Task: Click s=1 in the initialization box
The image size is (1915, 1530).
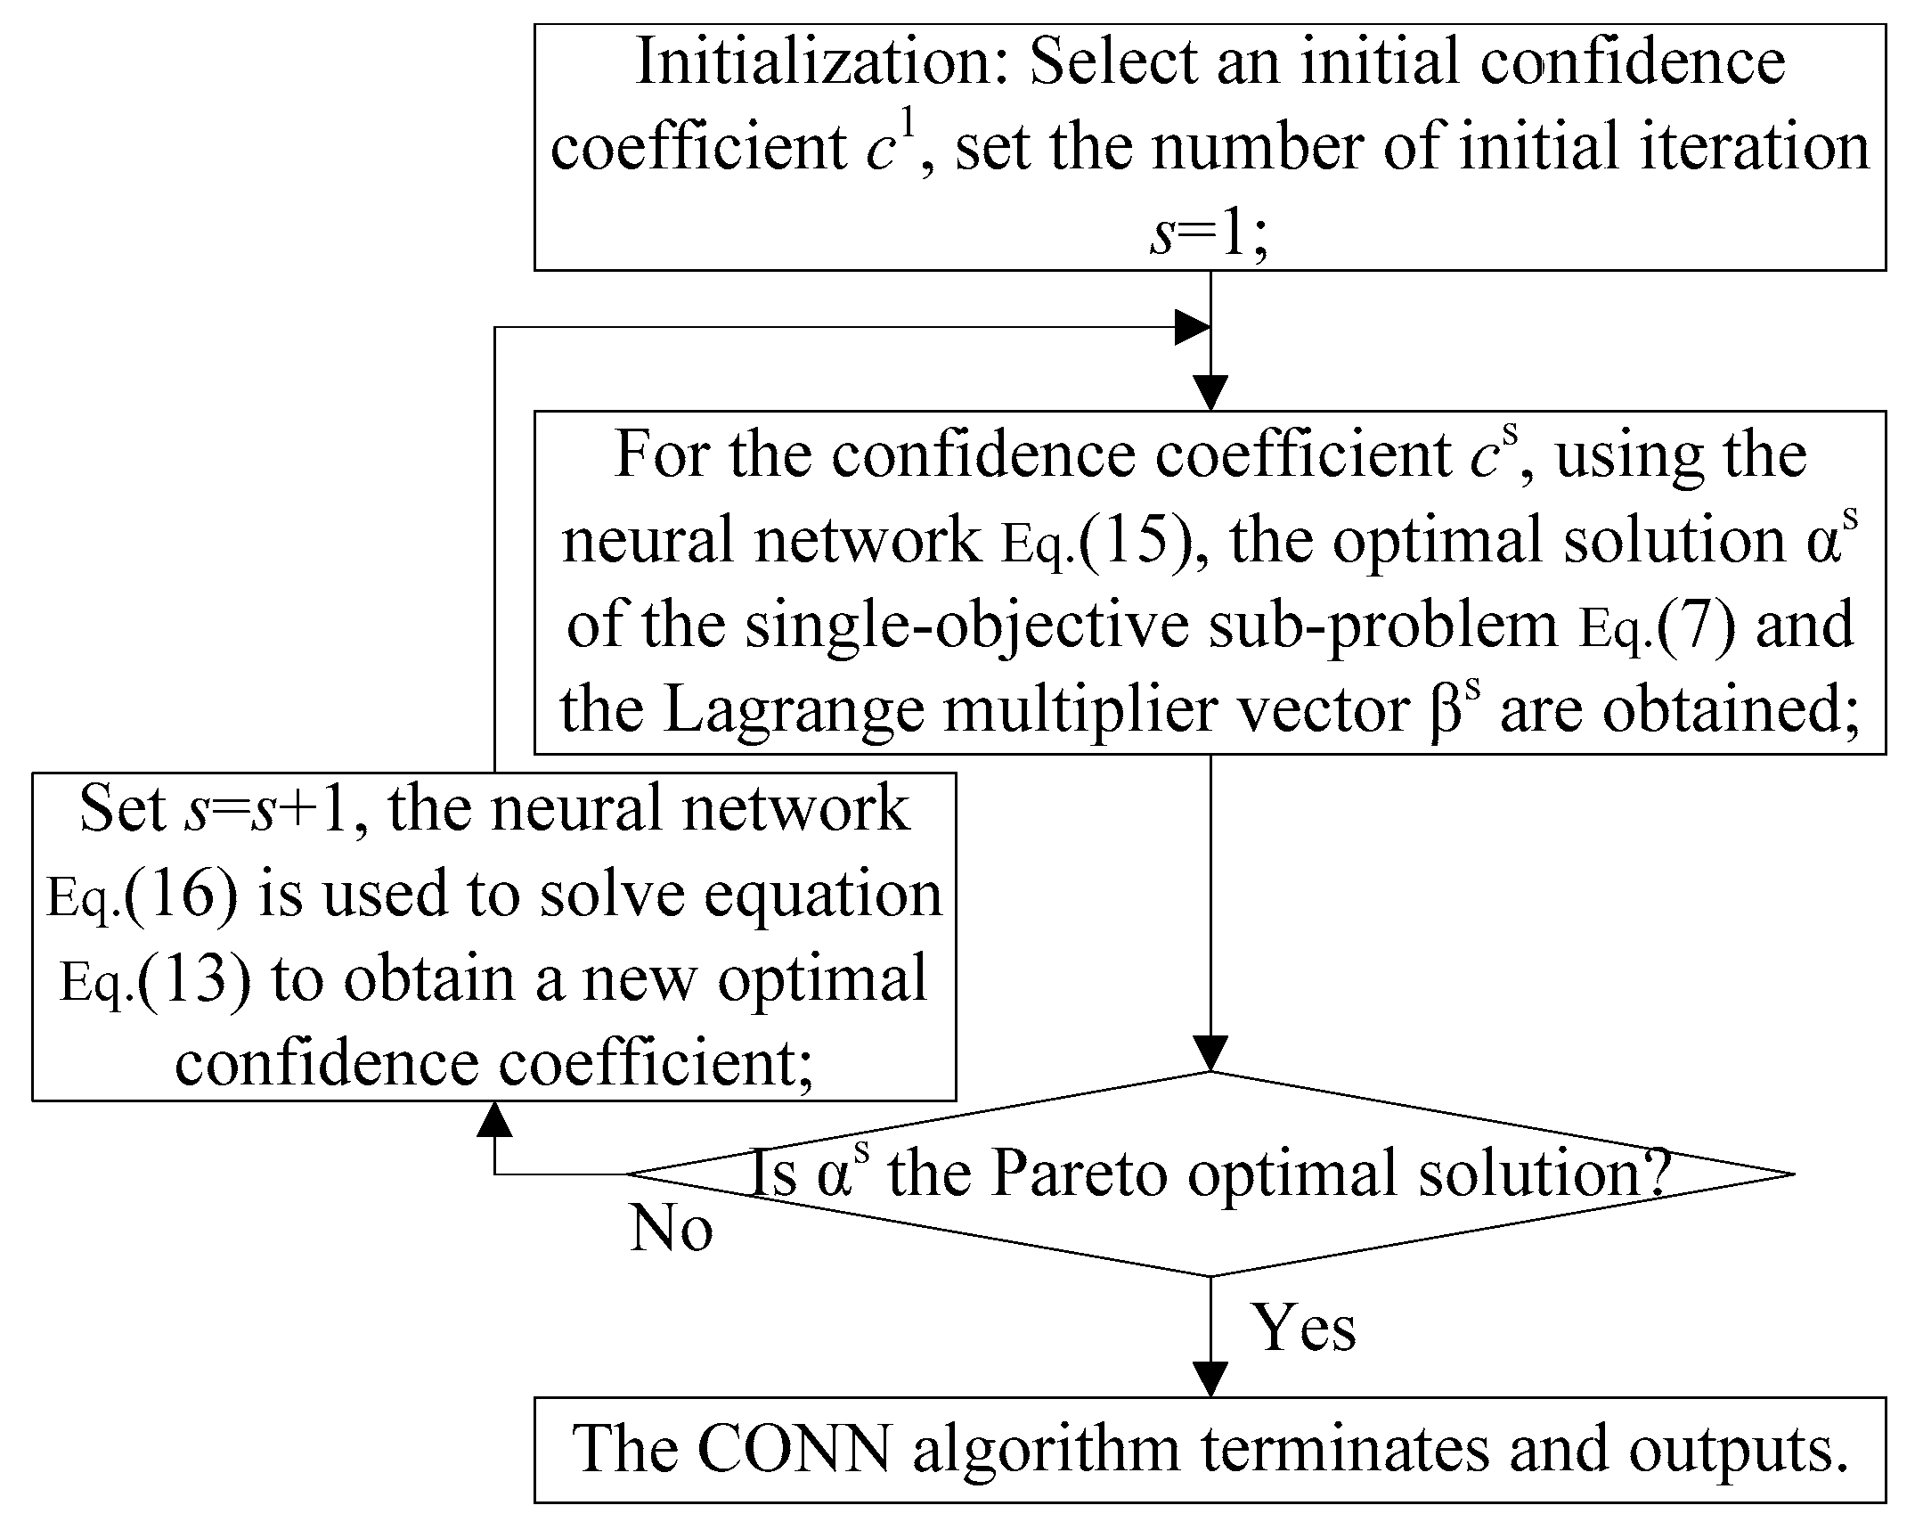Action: point(1209,235)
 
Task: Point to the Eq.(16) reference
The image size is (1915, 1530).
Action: point(143,895)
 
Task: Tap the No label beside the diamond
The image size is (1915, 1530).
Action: point(672,1230)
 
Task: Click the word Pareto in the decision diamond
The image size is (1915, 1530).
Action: point(1079,1174)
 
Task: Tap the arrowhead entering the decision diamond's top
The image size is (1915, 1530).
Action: point(1210,1054)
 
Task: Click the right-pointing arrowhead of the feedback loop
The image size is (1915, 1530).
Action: point(1192,328)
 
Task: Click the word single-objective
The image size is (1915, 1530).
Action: point(966,626)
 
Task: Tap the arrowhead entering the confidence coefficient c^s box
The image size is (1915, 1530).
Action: point(1210,393)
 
